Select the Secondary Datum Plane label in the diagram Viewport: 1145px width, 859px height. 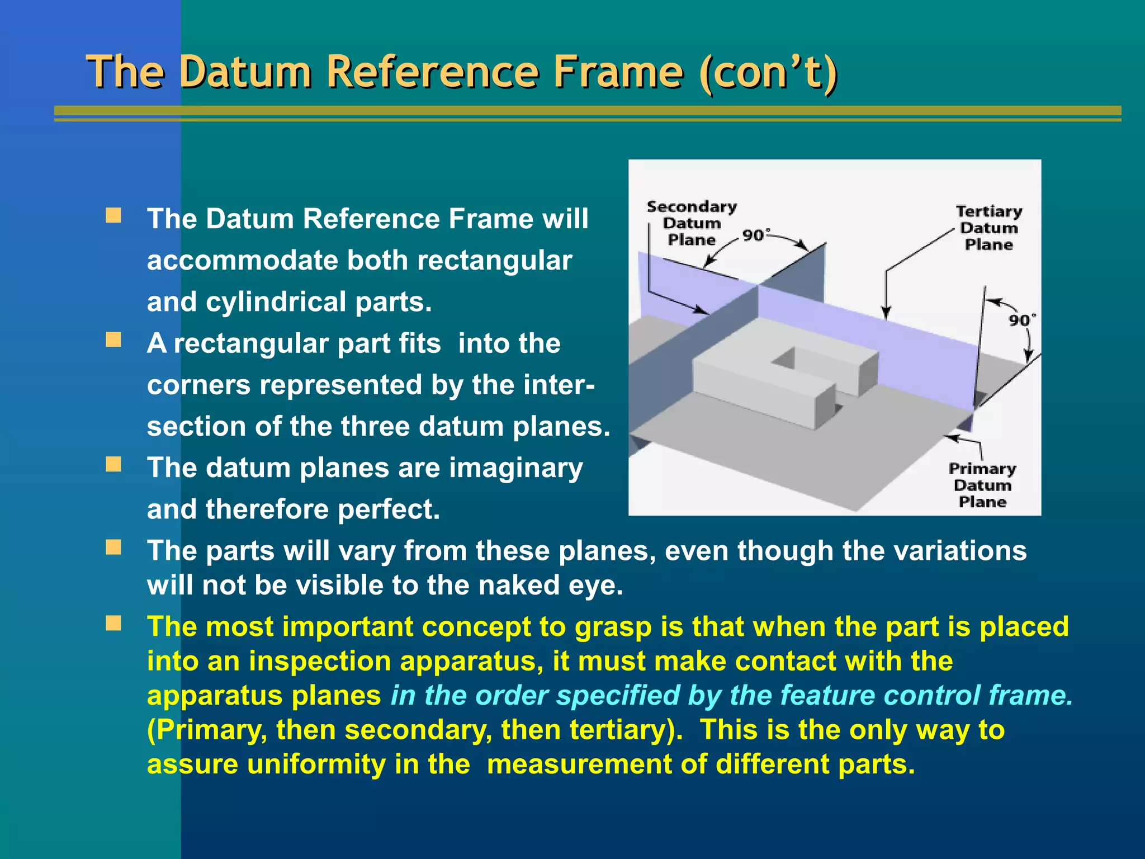click(692, 223)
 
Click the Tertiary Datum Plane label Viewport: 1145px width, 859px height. click(989, 228)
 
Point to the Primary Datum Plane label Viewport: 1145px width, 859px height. click(982, 485)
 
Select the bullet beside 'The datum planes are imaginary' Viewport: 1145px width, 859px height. click(113, 465)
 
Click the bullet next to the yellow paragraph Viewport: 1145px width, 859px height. click(113, 624)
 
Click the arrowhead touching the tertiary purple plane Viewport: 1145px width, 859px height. click(886, 314)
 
